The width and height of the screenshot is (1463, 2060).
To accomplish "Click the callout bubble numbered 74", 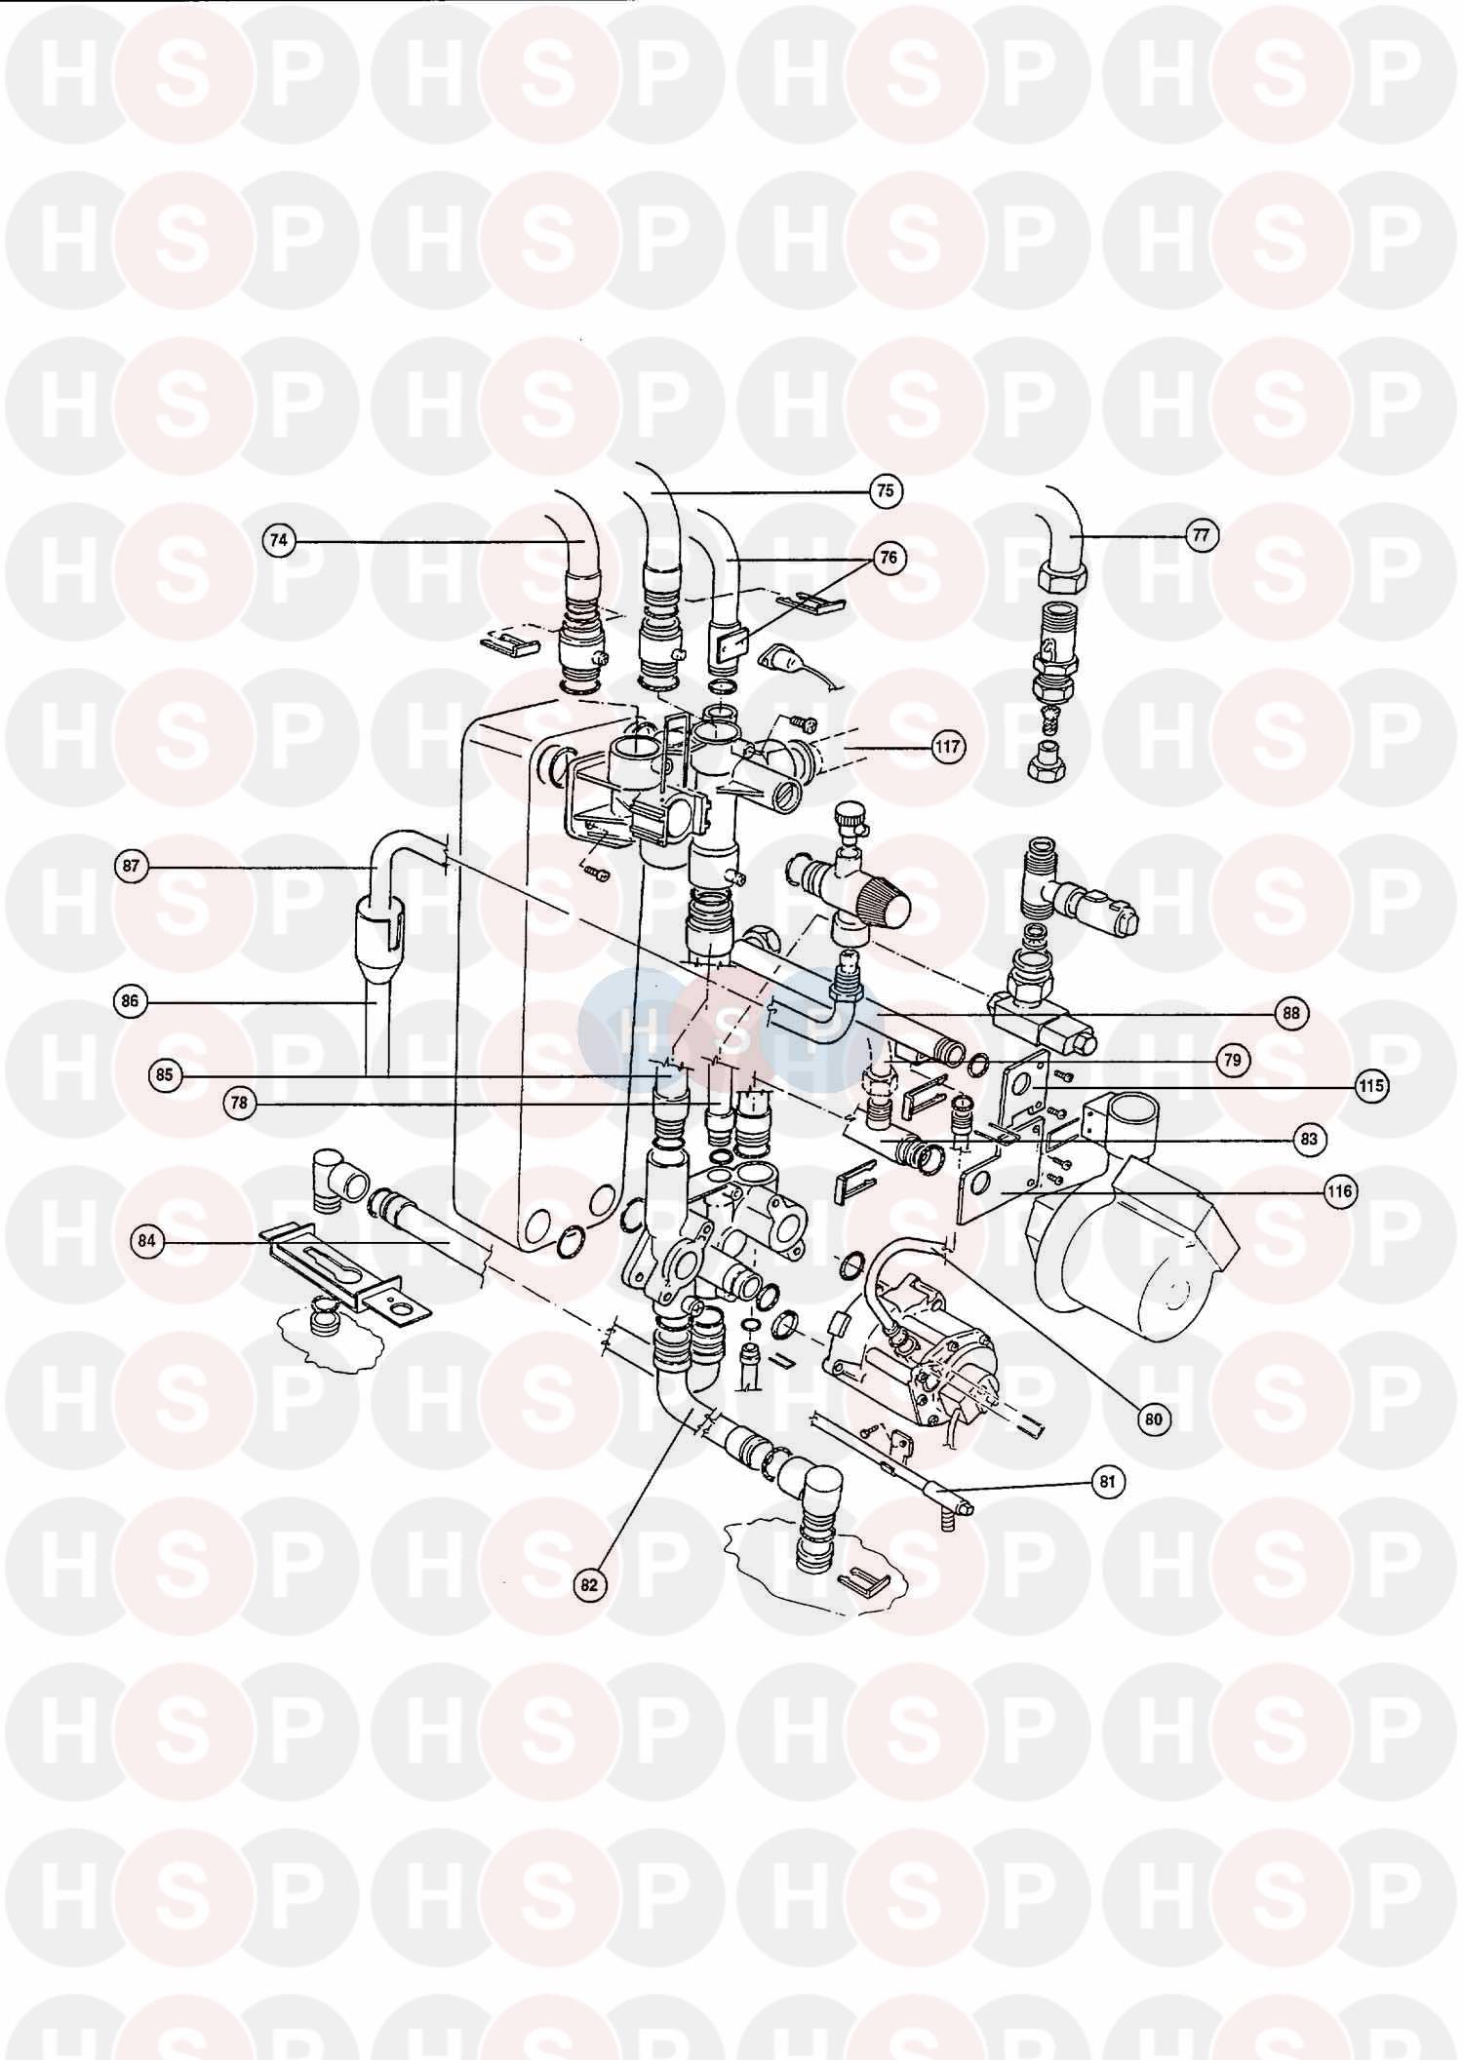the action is pos(281,540).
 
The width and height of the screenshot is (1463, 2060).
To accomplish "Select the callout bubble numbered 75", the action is pos(885,490).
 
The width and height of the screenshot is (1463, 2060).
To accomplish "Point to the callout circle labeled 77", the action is pos(1203,534).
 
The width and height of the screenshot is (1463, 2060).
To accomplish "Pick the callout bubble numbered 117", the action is pos(947,748).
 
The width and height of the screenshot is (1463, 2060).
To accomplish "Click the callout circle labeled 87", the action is pos(133,866).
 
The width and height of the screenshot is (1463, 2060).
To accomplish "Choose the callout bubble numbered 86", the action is pos(133,1001).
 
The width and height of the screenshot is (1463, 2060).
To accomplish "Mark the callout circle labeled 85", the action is pos(164,1075).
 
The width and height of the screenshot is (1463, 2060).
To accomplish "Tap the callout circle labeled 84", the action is pos(148,1241).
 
